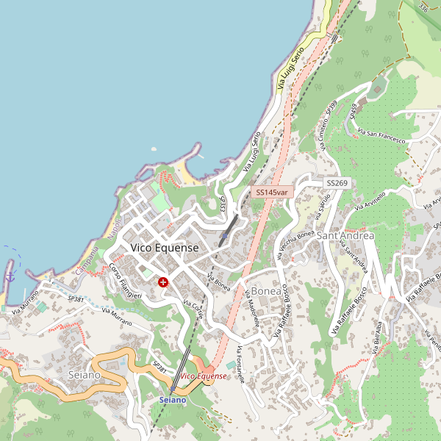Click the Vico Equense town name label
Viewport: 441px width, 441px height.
coord(165,248)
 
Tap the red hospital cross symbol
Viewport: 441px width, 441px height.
coord(162,282)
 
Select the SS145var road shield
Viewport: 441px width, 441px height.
coord(272,192)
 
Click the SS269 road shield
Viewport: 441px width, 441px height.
coord(337,182)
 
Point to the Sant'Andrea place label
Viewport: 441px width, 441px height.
coord(345,235)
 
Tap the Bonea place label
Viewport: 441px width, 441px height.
coord(266,291)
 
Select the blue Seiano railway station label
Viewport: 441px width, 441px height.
coord(173,399)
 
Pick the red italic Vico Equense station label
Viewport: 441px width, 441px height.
coord(213,376)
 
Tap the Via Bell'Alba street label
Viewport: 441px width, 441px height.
coord(380,343)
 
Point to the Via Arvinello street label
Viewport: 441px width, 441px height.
coord(370,199)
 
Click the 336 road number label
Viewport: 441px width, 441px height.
coord(423,7)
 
